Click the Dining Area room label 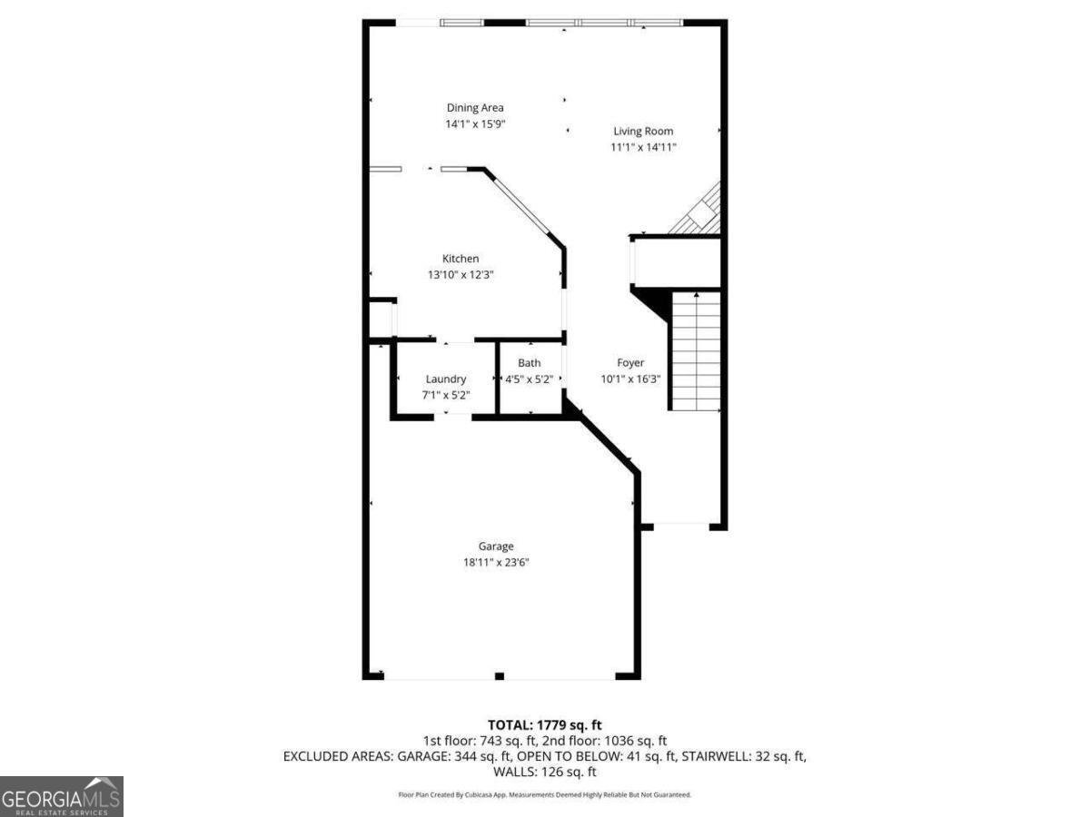pyautogui.click(x=474, y=108)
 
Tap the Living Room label pyautogui.click(x=643, y=131)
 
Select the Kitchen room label pyautogui.click(x=461, y=259)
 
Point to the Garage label pyautogui.click(x=496, y=546)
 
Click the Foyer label pyautogui.click(x=630, y=363)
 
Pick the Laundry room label pyautogui.click(x=446, y=379)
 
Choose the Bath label pyautogui.click(x=529, y=363)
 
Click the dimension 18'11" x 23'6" pyautogui.click(x=496, y=563)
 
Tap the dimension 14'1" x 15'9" pyautogui.click(x=474, y=124)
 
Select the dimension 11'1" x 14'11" pyautogui.click(x=643, y=147)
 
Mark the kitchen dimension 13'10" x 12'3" pyautogui.click(x=461, y=274)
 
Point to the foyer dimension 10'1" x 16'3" pyautogui.click(x=630, y=379)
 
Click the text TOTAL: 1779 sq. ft pyautogui.click(x=545, y=724)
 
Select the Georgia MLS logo pyautogui.click(x=62, y=796)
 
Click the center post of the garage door pyautogui.click(x=499, y=675)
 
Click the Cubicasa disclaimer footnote pyautogui.click(x=545, y=794)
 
